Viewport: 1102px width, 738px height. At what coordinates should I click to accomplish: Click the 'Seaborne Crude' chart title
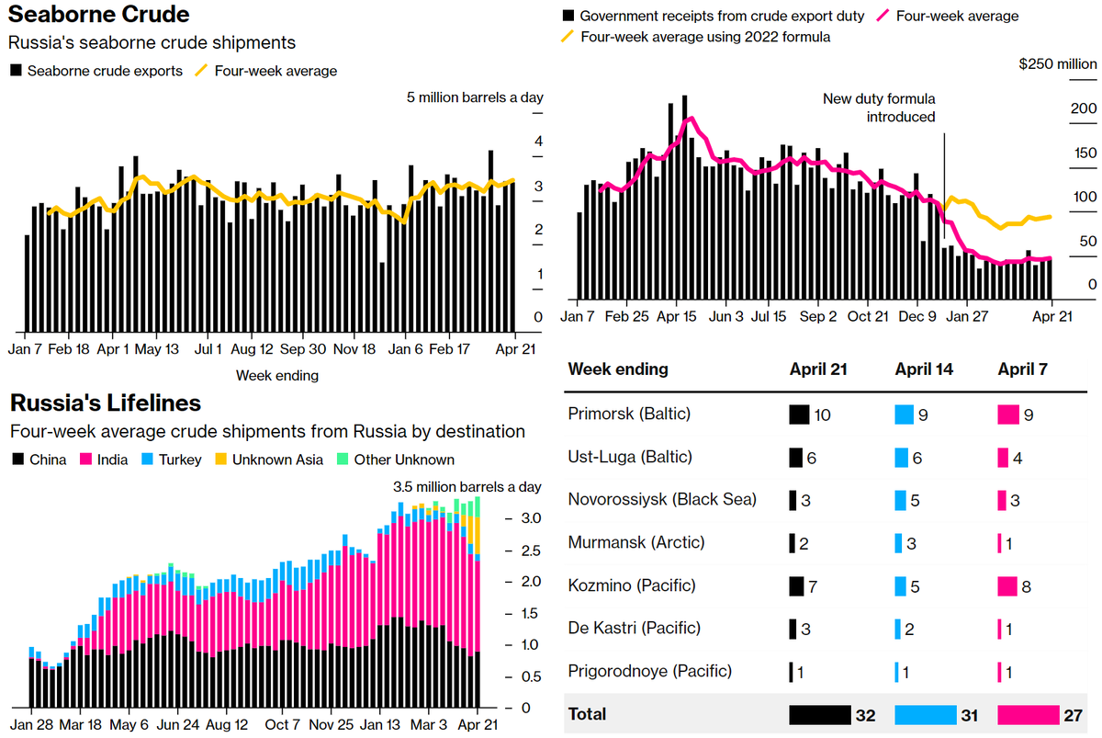coord(99,15)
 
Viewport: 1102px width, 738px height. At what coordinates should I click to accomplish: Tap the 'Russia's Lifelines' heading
coord(105,403)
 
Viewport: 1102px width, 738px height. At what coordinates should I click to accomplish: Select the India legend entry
coord(106,460)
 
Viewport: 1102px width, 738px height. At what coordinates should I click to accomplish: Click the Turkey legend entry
coord(172,460)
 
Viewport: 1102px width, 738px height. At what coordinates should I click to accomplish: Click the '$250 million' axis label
coord(1058,64)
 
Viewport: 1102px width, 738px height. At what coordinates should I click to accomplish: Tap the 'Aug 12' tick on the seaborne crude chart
coord(252,349)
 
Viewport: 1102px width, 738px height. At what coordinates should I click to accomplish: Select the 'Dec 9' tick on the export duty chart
coord(918,316)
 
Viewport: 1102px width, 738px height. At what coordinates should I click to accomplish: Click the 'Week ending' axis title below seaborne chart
coord(277,375)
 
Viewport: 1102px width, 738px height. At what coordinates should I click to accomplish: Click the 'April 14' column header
coord(924,369)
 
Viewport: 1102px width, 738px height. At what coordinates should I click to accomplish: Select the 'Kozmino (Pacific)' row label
coord(632,585)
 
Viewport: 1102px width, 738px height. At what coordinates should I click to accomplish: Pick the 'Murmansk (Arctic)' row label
coord(636,542)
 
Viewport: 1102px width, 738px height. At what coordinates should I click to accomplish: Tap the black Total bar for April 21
coord(820,714)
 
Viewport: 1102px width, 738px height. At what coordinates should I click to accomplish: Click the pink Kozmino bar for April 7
coord(1007,585)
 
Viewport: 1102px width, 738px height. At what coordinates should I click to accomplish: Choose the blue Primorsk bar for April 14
coord(905,414)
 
